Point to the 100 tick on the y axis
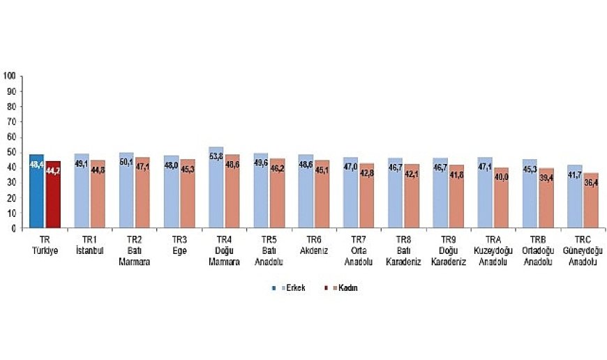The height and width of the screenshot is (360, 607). (9, 75)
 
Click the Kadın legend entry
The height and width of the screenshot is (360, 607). (345, 287)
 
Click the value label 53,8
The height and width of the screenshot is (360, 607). (216, 166)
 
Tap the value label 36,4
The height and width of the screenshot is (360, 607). (590, 183)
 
